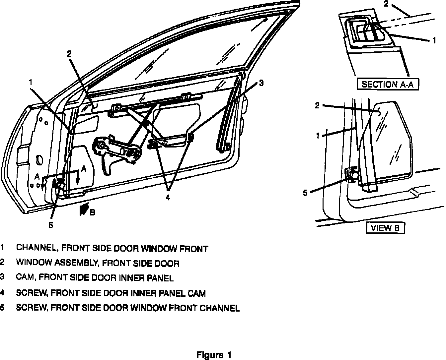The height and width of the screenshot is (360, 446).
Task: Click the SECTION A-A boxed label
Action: tap(387, 84)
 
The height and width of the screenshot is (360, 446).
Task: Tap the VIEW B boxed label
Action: tap(385, 228)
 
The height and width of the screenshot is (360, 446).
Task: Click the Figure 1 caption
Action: tap(214, 355)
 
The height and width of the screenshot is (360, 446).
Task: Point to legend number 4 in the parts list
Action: tap(2, 293)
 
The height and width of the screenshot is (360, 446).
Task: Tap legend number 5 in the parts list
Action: tap(2, 308)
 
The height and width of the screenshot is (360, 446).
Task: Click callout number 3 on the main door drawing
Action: tap(261, 83)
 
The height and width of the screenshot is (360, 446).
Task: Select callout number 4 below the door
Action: tap(168, 198)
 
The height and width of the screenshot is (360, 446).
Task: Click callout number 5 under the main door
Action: tap(51, 225)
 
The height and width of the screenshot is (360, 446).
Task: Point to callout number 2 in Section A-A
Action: tap(386, 4)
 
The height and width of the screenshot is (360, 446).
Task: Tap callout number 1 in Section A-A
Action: tap(434, 41)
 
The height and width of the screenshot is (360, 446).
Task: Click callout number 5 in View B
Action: tap(305, 193)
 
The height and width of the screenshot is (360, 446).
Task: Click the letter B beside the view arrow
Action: tap(93, 212)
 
